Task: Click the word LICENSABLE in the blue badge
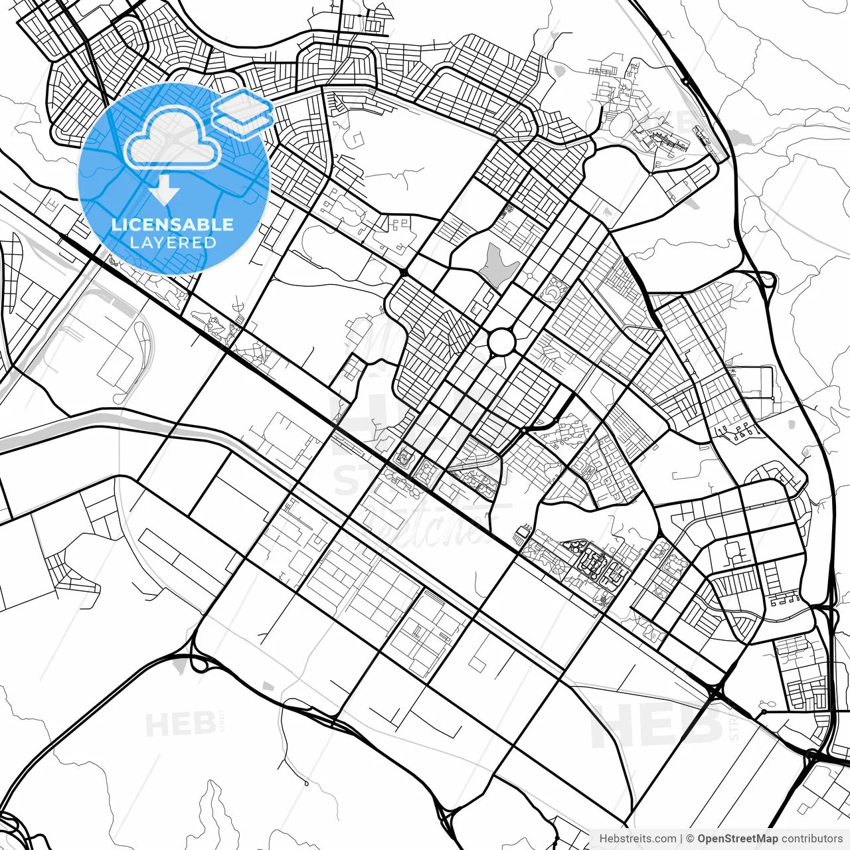[x=173, y=224]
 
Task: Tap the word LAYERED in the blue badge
[x=173, y=242]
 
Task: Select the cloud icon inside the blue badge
[x=172, y=137]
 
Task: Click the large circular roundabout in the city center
[x=501, y=342]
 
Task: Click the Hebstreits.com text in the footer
[x=637, y=839]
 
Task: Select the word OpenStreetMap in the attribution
[x=737, y=839]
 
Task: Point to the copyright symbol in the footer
[x=690, y=839]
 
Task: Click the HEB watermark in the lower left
[x=179, y=724]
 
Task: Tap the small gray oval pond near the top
[x=558, y=69]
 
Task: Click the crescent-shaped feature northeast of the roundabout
[x=552, y=290]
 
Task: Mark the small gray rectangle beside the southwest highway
[x=268, y=685]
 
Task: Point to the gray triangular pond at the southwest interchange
[x=178, y=664]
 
